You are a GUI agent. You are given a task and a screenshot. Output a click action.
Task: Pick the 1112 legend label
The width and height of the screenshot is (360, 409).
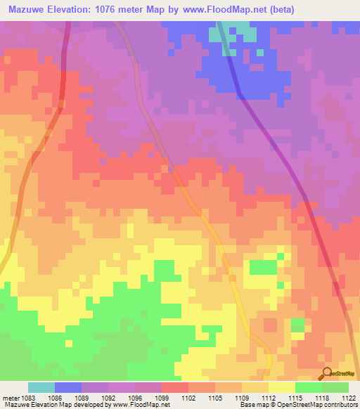click(267, 398)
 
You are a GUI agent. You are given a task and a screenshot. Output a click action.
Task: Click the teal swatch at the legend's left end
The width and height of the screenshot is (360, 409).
click(41, 387)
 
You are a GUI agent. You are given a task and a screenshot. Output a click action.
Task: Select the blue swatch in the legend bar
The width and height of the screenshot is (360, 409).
click(68, 387)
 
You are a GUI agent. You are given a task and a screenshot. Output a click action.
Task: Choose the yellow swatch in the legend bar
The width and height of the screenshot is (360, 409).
click(282, 387)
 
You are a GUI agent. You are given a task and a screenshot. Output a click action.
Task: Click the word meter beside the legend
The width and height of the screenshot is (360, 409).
click(10, 398)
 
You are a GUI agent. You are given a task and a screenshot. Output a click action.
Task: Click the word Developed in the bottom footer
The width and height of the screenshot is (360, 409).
click(88, 405)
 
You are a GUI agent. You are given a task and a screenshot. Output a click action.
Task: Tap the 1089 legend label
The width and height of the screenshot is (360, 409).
click(81, 398)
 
